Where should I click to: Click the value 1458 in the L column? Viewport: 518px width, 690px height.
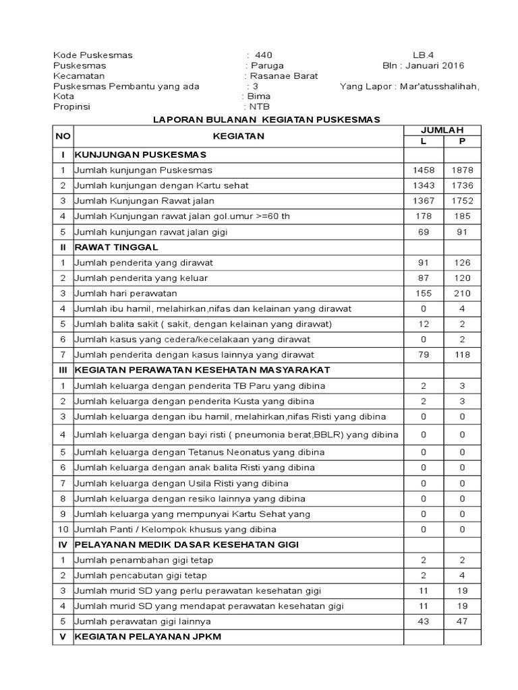pos(424,170)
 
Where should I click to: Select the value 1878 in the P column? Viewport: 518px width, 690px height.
pos(463,170)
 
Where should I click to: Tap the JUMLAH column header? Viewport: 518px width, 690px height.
pos(442,130)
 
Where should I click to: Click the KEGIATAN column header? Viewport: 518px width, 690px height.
pos(239,136)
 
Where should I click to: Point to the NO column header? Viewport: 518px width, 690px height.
pos(63,136)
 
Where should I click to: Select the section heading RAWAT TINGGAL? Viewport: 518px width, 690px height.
pos(116,247)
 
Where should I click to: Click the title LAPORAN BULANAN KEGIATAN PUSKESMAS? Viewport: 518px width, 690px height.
pos(266,119)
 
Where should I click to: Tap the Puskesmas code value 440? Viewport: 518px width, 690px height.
pos(264,55)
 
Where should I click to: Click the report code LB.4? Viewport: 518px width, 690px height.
pos(424,55)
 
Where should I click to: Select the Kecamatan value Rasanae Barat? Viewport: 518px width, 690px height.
pos(284,76)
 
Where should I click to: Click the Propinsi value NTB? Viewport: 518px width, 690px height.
pos(259,106)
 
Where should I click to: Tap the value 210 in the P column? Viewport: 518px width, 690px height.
pos(463,294)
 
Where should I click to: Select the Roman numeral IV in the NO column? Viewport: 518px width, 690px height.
pos(63,544)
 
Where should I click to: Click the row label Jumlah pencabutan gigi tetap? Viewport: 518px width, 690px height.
pos(140,575)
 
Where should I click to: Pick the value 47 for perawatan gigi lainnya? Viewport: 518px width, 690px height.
pos(463,621)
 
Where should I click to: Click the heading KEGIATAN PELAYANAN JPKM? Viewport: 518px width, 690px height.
pos(148,637)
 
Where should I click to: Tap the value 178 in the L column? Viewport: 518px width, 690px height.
pos(424,216)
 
